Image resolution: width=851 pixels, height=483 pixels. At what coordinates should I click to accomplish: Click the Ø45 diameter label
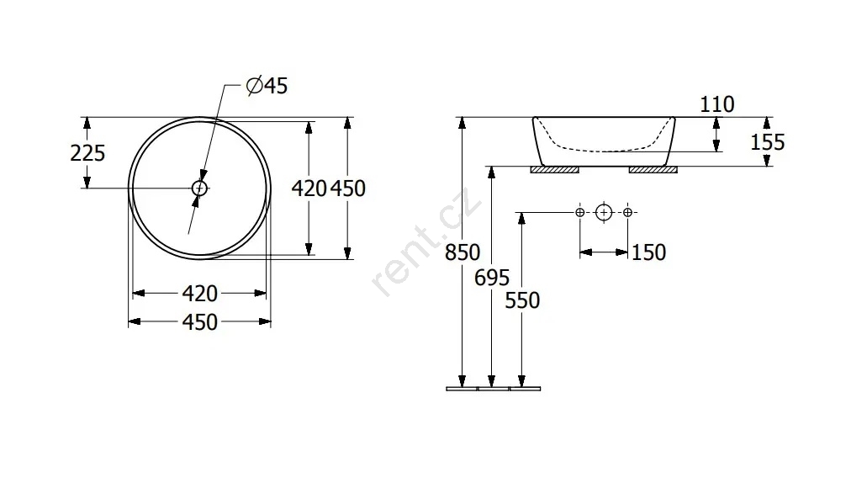click(267, 86)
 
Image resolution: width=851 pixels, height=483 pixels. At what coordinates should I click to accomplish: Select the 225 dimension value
click(87, 153)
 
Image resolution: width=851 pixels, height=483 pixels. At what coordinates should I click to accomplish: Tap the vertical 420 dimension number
click(309, 188)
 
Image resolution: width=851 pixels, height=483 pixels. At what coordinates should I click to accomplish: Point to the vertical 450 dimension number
click(348, 188)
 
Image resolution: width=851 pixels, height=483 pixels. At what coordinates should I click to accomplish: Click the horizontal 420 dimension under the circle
click(200, 294)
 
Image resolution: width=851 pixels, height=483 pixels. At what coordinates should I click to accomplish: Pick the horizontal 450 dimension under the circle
click(200, 322)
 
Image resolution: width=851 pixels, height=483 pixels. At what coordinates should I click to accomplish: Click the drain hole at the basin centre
click(200, 188)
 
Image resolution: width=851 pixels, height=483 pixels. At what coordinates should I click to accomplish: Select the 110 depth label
click(717, 104)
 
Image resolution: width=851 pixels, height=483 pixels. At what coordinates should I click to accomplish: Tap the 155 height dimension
click(768, 142)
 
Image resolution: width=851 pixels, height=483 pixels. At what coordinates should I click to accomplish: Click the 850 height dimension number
click(462, 252)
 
